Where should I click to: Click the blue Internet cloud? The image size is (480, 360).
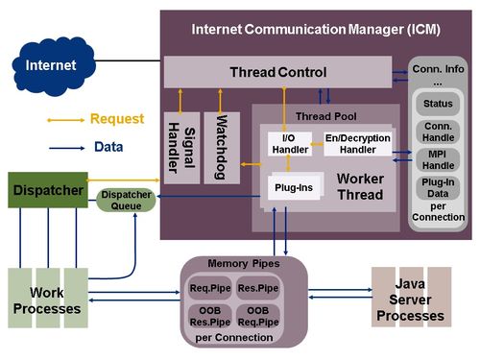(54, 66)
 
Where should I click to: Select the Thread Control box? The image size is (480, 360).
(277, 72)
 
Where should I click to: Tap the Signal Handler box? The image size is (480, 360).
(181, 148)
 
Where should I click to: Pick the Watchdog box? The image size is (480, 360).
(222, 148)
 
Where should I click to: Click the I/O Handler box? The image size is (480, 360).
(290, 144)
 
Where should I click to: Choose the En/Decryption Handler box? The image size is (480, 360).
(358, 144)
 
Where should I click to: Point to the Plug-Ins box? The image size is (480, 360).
(294, 187)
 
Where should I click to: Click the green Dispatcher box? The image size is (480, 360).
(48, 190)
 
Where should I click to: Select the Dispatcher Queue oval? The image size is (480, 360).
(126, 201)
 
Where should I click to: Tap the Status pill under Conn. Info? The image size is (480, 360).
(438, 104)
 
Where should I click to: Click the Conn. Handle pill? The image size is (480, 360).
(438, 132)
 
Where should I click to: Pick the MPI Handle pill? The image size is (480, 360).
(438, 159)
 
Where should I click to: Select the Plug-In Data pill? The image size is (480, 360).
(438, 188)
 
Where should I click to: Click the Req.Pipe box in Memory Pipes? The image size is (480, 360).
(210, 288)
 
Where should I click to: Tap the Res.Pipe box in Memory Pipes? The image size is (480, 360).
(258, 288)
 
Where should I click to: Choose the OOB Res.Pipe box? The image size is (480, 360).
(210, 316)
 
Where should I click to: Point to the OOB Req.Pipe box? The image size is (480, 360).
(258, 316)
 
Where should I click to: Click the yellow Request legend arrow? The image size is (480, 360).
(66, 120)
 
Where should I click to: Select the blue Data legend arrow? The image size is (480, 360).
(67, 148)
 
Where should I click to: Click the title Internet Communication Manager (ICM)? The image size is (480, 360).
(316, 30)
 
